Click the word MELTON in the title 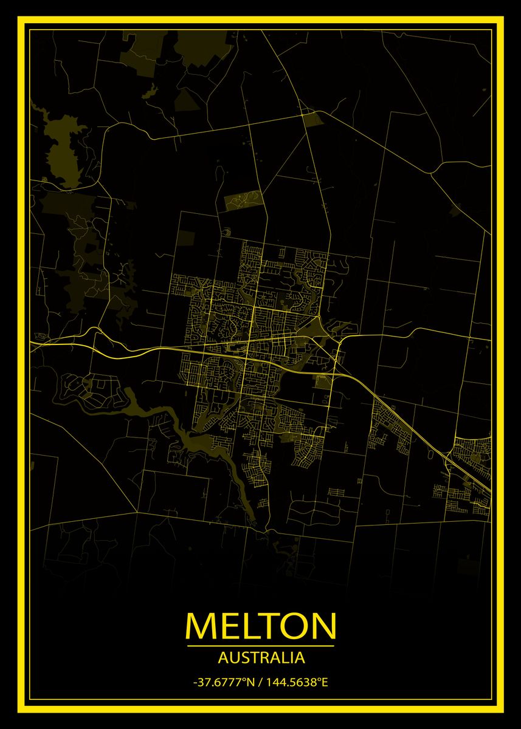260,625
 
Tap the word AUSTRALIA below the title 261,657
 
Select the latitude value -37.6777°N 223,682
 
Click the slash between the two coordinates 260,682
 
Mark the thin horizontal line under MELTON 260,645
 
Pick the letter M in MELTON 201,625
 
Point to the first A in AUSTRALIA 221,657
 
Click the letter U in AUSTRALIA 231,657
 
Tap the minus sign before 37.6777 195,682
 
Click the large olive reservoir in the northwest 64,155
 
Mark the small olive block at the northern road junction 314,119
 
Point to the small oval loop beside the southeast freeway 432,452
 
